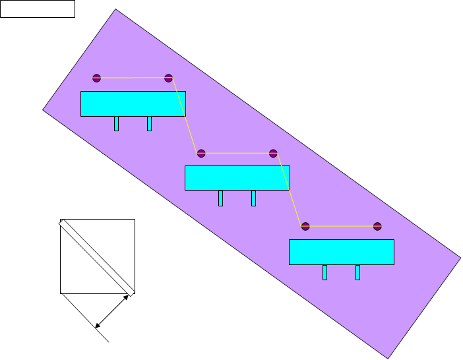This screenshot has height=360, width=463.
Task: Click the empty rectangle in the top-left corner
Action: (x=37, y=9)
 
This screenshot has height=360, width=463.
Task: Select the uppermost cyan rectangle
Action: (x=133, y=104)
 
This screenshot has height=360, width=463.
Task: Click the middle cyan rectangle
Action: (x=237, y=178)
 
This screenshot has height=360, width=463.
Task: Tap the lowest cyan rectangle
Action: (x=341, y=252)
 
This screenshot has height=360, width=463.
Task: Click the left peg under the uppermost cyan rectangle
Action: (x=116, y=123)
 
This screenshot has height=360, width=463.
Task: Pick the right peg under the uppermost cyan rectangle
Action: (x=149, y=123)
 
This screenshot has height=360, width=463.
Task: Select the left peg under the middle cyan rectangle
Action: (x=220, y=198)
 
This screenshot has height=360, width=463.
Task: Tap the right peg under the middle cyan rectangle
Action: (x=253, y=198)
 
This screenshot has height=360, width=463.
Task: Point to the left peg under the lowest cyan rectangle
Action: (x=324, y=272)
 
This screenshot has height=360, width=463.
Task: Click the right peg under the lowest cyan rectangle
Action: (x=357, y=272)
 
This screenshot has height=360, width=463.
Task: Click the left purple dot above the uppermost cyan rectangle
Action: (x=97, y=78)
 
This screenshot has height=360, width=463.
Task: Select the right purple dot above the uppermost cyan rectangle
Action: (x=168, y=78)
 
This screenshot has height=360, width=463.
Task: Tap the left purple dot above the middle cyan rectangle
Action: (x=201, y=153)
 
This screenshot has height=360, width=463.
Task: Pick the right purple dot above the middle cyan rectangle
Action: (x=273, y=153)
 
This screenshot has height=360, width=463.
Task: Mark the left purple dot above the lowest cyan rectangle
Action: (x=305, y=226)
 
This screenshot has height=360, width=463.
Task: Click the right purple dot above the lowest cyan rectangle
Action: (x=377, y=226)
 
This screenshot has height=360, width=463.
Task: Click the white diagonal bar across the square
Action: (x=97, y=258)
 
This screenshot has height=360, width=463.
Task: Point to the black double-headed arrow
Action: (x=112, y=311)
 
